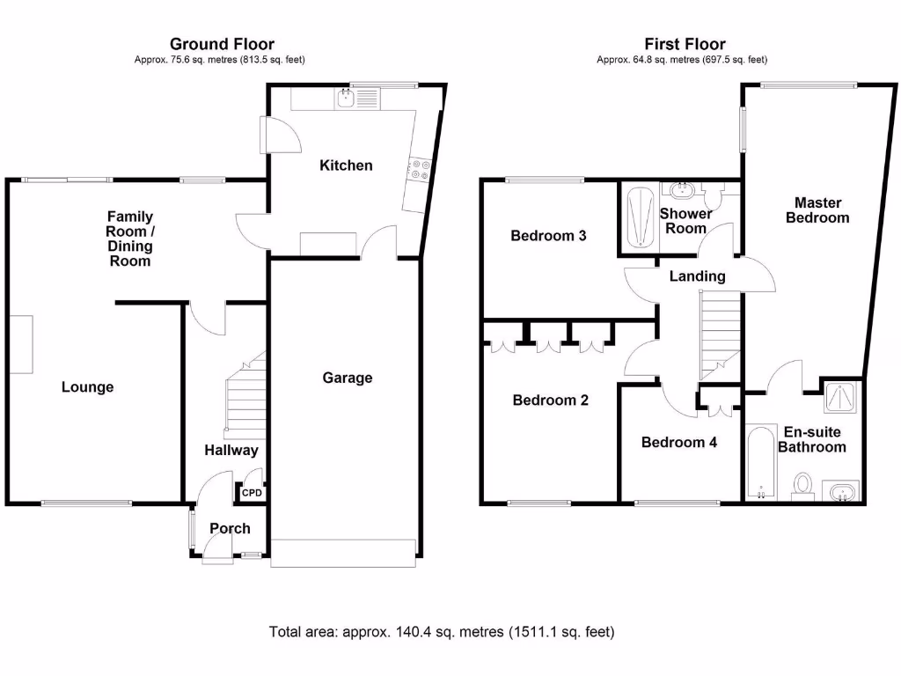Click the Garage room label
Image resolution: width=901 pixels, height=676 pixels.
[348, 378]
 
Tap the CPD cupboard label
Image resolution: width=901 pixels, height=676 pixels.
[252, 494]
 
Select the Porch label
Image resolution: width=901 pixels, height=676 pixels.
[230, 528]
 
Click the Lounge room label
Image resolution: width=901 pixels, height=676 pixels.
[88, 386]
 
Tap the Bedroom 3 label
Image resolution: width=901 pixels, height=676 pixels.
[549, 236]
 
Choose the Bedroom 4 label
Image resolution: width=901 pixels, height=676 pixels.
[678, 442]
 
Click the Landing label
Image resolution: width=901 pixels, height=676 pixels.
[698, 276]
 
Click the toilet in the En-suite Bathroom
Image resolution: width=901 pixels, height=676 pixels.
[802, 485]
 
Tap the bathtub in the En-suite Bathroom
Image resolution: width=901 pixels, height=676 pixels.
[758, 463]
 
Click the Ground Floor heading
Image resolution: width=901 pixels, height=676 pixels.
[222, 44]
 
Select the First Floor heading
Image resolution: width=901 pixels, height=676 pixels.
[685, 44]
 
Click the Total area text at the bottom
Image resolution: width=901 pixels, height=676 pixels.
[442, 632]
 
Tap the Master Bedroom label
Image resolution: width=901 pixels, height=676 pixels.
[817, 209]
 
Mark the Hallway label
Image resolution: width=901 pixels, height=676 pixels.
[231, 451]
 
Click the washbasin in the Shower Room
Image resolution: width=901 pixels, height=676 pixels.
[681, 190]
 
